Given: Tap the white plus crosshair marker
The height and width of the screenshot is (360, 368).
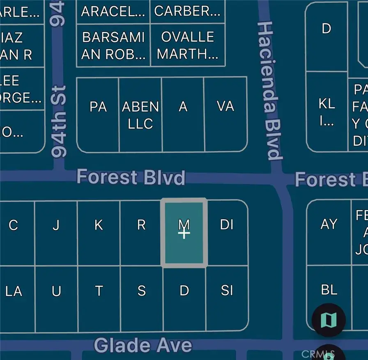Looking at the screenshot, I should [184, 234].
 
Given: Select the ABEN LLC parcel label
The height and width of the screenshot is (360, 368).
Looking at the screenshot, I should [140, 115].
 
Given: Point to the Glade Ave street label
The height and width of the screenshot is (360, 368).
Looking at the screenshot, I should [143, 345].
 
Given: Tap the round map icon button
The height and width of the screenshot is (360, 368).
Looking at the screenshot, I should [329, 319].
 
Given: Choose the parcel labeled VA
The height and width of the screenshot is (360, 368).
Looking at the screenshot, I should [225, 107].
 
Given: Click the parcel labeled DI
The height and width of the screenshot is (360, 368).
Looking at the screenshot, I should [227, 225].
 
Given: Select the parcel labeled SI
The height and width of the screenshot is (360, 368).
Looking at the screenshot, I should [227, 291].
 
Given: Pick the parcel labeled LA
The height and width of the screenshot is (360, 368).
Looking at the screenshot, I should [14, 291].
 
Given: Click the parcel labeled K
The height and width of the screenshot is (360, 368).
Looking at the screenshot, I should [99, 225].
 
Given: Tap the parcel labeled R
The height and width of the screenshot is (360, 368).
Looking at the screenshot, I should [141, 225].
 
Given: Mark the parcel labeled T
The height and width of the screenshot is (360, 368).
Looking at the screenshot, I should [99, 291].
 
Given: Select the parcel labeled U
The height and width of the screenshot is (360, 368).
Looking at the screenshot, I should [56, 291].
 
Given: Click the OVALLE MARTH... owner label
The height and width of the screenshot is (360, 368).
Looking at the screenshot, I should [188, 45].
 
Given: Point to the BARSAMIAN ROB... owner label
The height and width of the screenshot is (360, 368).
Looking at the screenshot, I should [113, 45].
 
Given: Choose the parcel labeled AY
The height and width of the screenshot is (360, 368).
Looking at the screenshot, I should [329, 224].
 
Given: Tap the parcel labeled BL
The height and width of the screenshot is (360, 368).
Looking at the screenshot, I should [329, 290].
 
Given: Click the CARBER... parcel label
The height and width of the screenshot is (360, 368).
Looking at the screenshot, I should [187, 11].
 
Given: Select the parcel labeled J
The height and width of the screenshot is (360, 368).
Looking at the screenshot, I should [56, 225].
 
